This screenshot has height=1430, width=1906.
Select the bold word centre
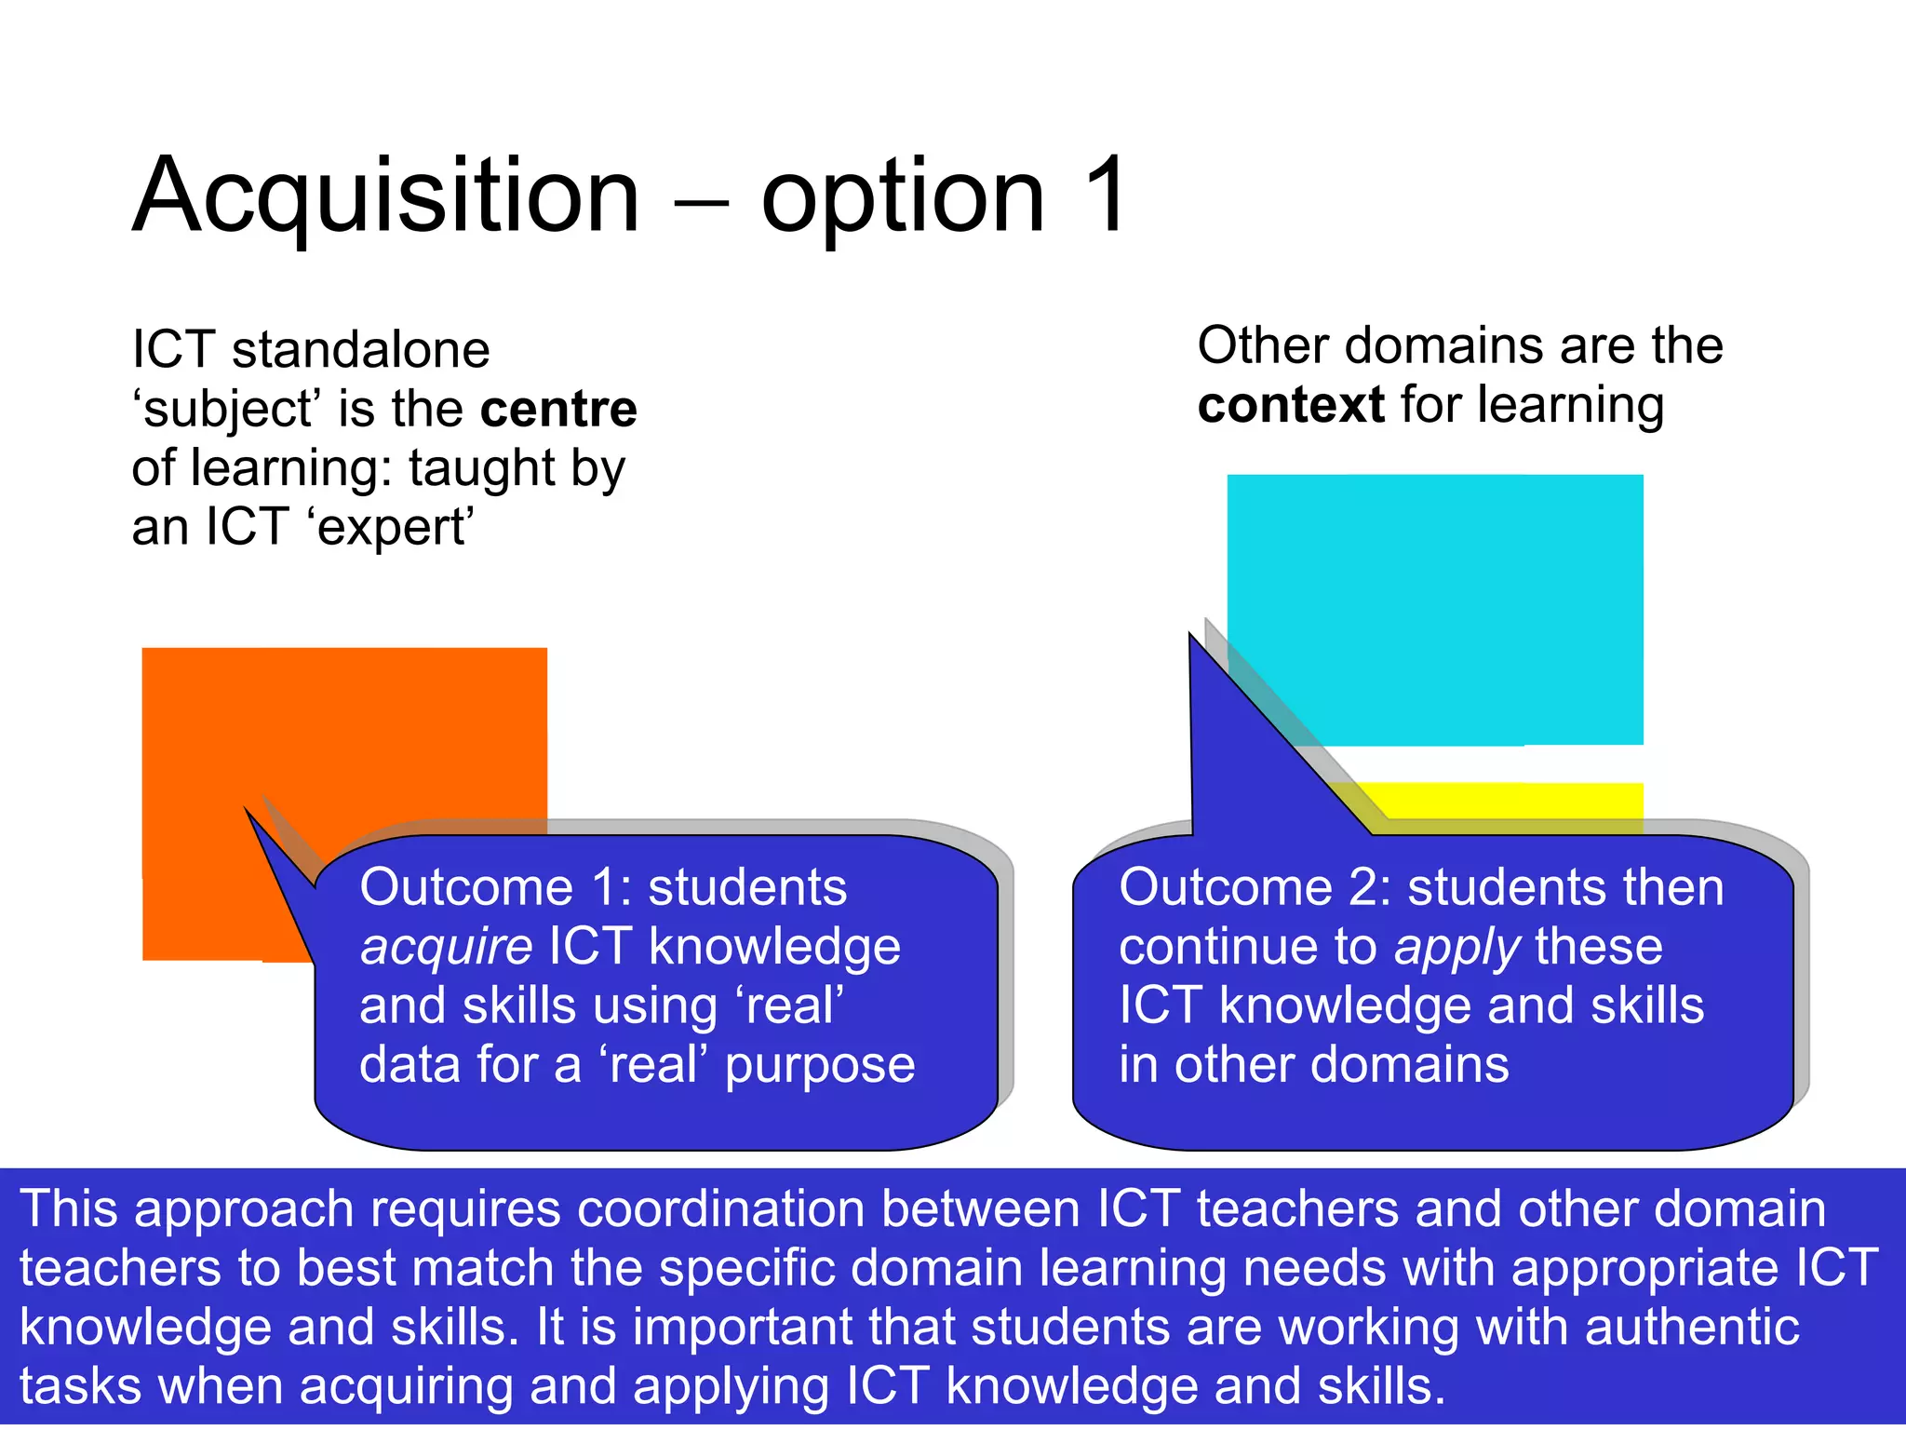[x=558, y=409]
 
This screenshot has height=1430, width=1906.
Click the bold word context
[x=1291, y=405]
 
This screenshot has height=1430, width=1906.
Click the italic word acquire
[x=446, y=948]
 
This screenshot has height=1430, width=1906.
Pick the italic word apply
[x=1456, y=948]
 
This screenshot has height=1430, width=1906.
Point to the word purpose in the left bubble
[x=819, y=1066]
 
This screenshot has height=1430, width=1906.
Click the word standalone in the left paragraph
[x=360, y=351]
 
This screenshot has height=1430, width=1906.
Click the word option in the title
[x=903, y=197]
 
